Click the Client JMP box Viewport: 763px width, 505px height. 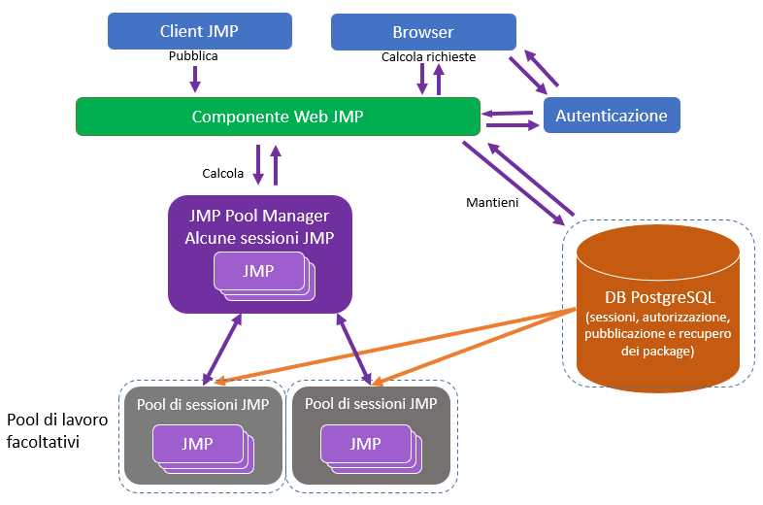199,31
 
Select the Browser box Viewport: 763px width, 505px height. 422,32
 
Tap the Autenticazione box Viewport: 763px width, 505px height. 612,116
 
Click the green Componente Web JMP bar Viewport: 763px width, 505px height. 278,117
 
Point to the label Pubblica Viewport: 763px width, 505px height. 193,56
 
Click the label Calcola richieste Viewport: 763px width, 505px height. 428,57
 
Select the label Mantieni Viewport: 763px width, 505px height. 493,203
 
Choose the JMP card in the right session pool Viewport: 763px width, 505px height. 365,444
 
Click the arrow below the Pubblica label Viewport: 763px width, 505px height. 194,78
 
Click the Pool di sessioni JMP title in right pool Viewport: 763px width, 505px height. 371,403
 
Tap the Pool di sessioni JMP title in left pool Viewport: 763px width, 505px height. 203,403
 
